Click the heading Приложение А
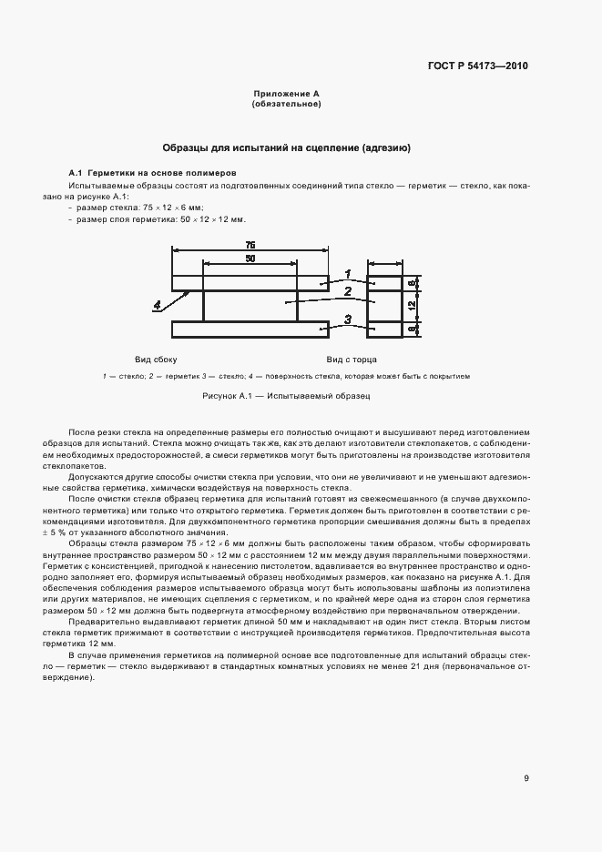[286, 94]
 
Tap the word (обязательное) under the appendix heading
[286, 104]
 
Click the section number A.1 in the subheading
[76, 172]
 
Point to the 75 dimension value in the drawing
[250, 244]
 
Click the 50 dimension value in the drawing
[250, 259]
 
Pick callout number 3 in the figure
[347, 318]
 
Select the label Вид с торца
[352, 359]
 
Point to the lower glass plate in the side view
[250, 328]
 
